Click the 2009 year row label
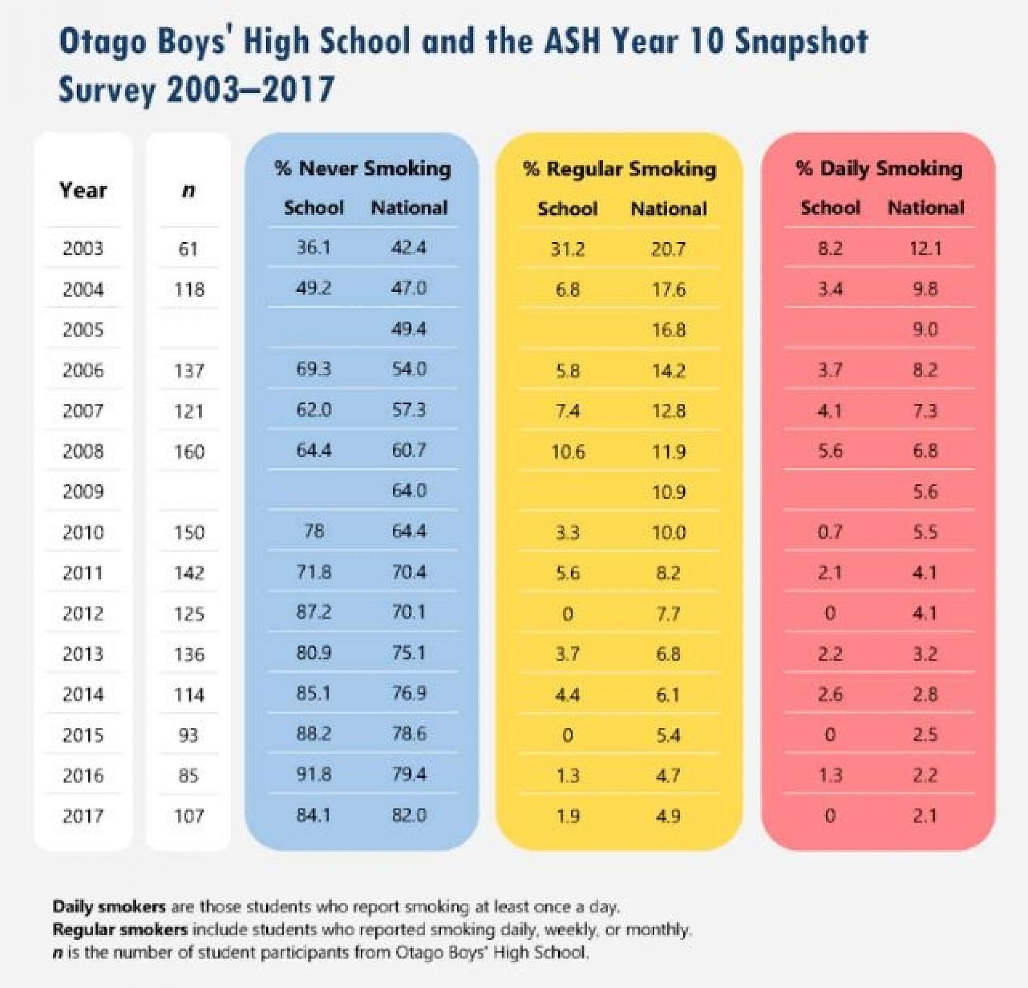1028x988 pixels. (x=83, y=491)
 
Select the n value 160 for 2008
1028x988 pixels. (x=189, y=451)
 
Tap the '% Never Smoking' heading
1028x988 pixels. (x=362, y=169)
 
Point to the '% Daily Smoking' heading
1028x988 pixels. (x=879, y=169)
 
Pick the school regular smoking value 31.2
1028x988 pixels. (x=567, y=249)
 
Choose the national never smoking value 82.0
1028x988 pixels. (x=409, y=815)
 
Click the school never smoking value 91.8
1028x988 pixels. (x=314, y=775)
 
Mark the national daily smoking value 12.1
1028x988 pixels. (x=925, y=248)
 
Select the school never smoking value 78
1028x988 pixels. (x=314, y=532)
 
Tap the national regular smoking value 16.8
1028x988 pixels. (x=669, y=330)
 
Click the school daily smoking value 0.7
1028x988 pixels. (x=830, y=532)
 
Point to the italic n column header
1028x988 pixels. (x=188, y=190)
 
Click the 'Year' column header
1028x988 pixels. (x=83, y=190)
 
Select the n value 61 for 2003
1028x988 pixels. (x=188, y=249)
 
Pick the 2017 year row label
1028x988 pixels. (x=83, y=816)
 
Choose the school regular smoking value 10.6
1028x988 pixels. (x=567, y=451)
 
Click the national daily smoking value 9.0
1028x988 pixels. (x=925, y=330)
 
